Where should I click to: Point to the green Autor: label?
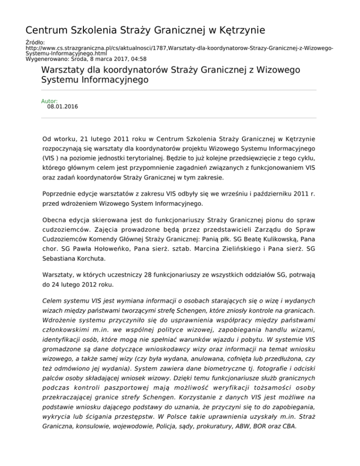pyautogui.click(x=50, y=101)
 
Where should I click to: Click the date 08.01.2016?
pyautogui.click(x=63, y=107)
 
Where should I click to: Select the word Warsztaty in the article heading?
pyautogui.click(x=64, y=70)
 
